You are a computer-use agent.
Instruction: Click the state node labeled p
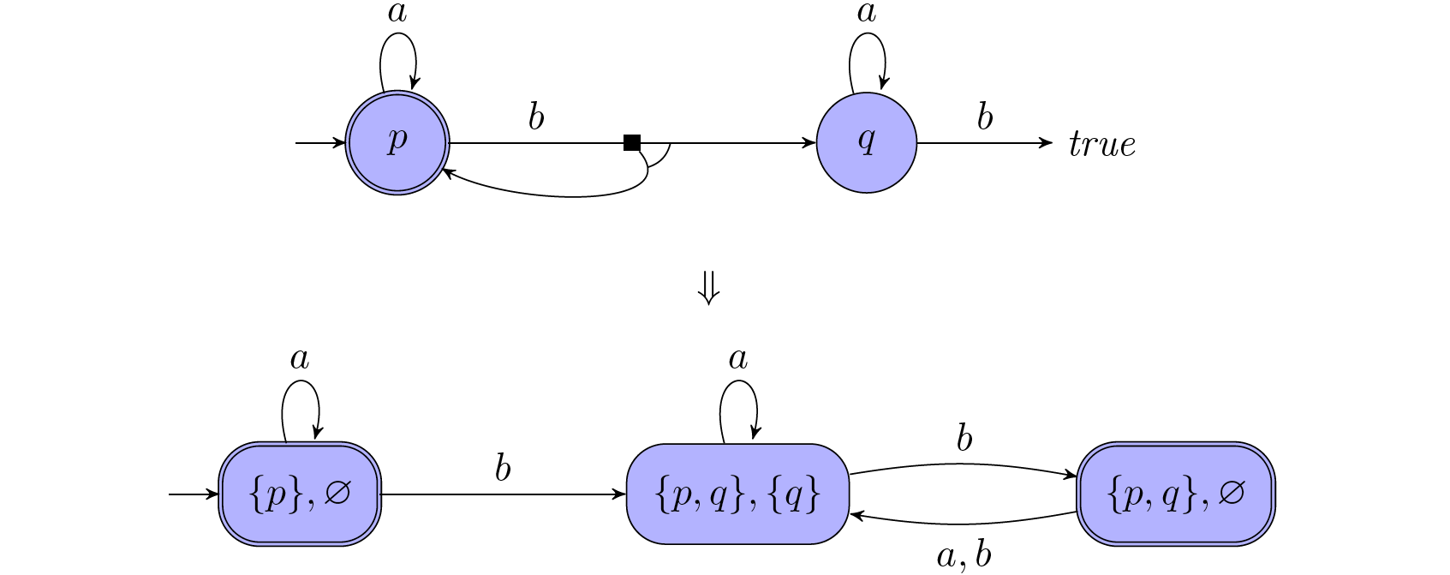point(397,143)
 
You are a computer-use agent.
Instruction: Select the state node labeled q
point(867,143)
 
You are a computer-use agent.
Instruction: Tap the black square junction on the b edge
point(632,143)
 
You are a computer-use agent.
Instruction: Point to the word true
point(1102,145)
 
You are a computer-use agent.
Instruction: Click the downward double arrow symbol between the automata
point(708,289)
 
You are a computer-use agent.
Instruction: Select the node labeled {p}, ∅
point(300,494)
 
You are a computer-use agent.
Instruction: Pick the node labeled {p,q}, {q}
point(737,494)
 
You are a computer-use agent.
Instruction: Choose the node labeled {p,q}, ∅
point(1176,494)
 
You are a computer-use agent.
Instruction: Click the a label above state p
point(397,13)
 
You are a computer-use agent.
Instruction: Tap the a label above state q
point(867,13)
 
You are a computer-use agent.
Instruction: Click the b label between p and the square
point(536,117)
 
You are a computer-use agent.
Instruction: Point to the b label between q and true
point(985,117)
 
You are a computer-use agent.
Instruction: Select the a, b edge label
point(964,556)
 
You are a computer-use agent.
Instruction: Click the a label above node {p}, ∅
point(300,359)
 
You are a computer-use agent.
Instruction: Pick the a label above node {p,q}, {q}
point(737,359)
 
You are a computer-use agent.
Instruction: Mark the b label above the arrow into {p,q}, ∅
point(964,439)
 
